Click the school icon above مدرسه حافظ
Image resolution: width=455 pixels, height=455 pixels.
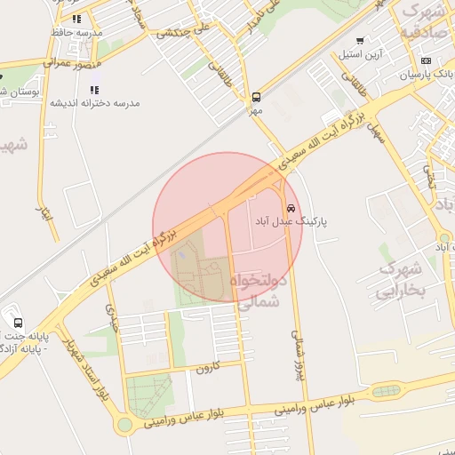click(77, 18)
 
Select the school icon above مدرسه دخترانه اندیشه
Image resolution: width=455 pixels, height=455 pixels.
click(94, 90)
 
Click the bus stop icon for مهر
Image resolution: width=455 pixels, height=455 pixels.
click(256, 97)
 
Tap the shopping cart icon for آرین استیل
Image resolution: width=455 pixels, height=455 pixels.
click(360, 40)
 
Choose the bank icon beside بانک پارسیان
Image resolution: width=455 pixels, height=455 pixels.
click(426, 60)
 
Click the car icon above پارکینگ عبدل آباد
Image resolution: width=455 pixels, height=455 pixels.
click(291, 206)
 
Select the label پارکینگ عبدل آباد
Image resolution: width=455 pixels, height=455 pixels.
click(291, 220)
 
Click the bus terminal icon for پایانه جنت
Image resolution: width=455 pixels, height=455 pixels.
click(18, 323)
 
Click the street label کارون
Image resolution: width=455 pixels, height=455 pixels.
click(206, 366)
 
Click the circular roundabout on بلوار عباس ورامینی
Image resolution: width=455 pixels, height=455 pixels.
click(124, 425)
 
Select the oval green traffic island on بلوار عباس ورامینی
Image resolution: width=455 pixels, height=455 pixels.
click(387, 391)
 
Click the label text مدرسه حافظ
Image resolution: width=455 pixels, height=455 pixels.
click(79, 32)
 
